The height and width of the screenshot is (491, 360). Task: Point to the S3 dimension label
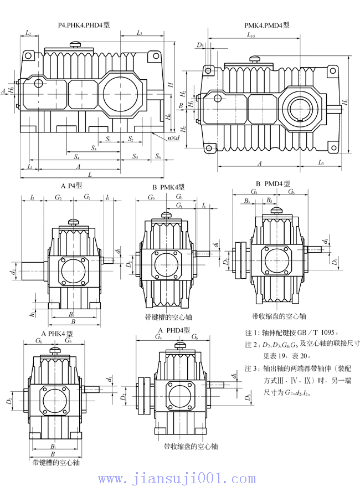(94, 149)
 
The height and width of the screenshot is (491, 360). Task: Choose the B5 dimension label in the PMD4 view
(269, 200)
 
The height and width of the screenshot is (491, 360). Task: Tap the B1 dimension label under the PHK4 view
(53, 446)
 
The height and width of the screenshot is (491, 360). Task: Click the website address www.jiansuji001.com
(179, 478)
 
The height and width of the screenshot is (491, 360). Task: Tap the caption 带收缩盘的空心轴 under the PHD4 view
(191, 446)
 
